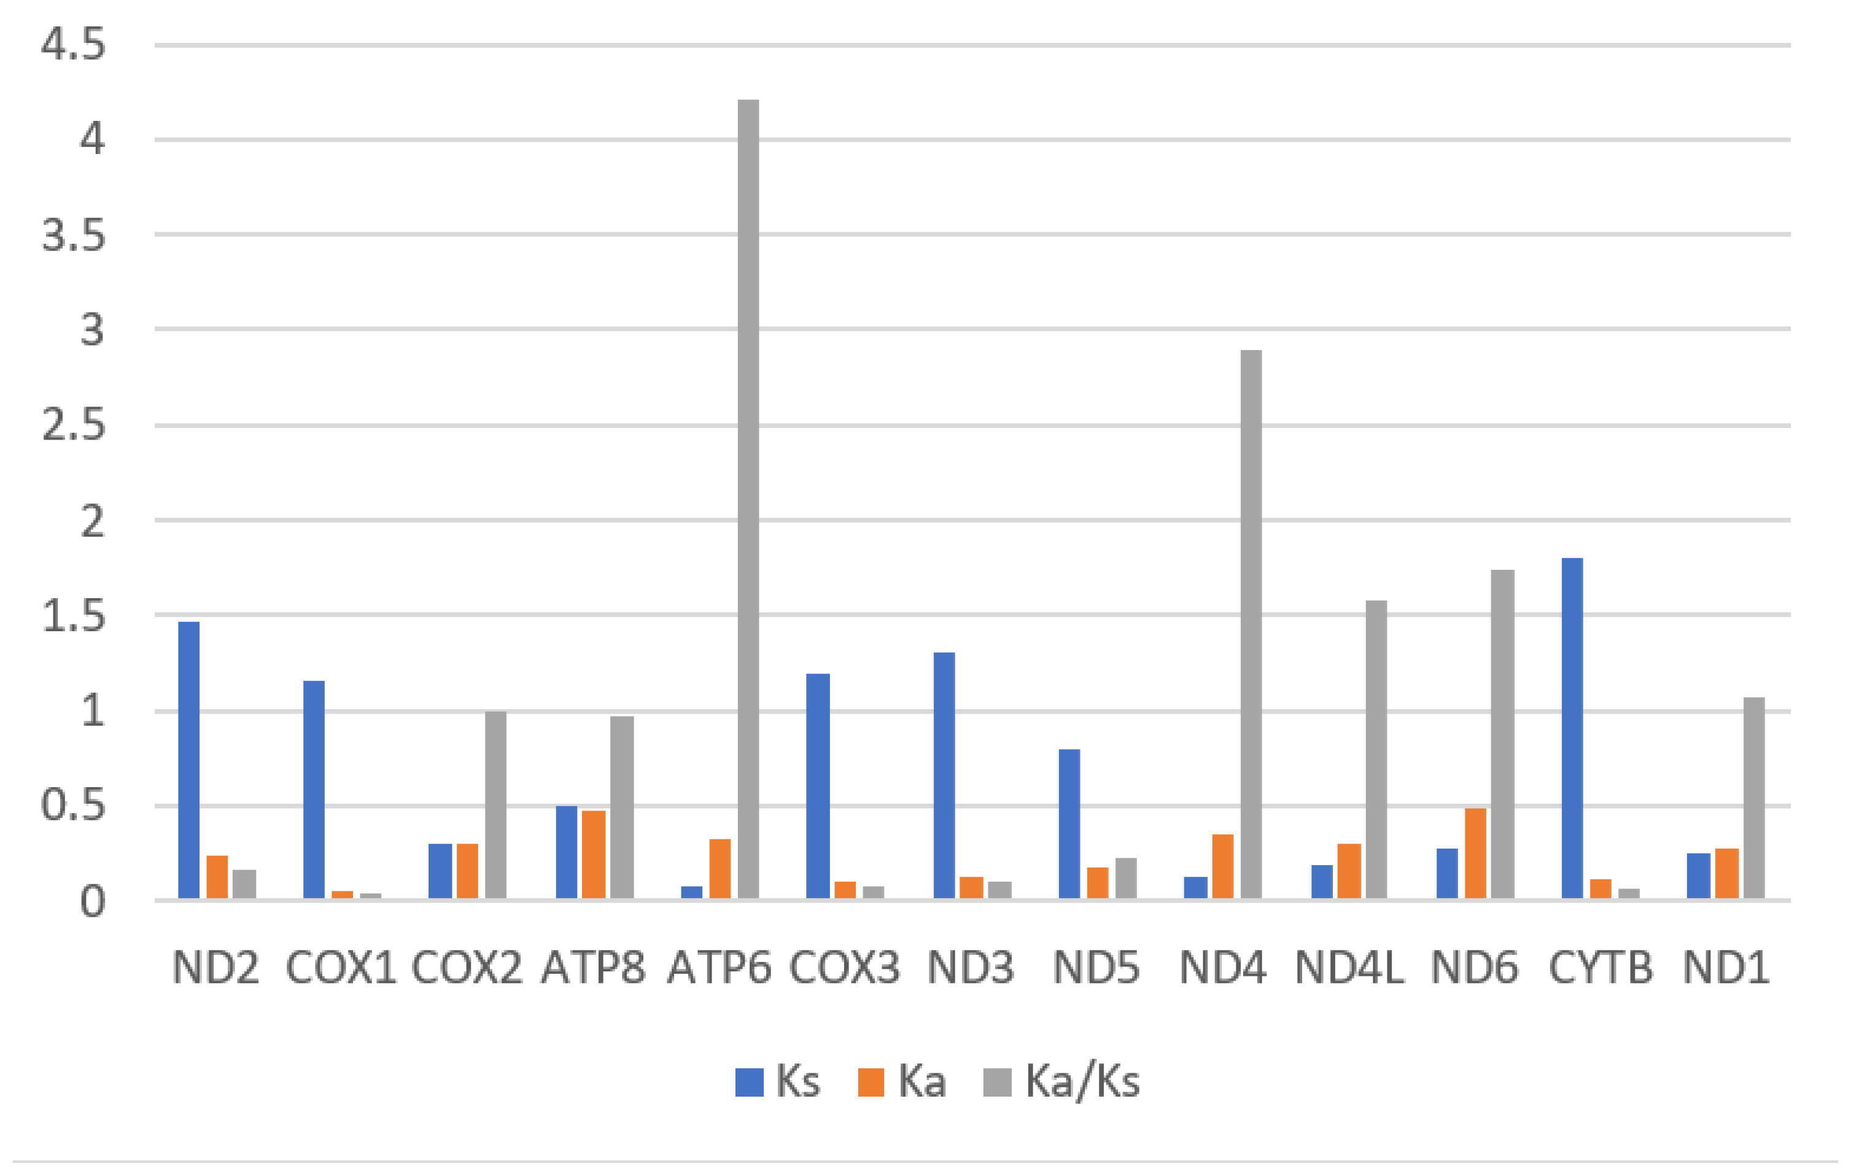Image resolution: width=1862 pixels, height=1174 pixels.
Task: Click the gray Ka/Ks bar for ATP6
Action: (748, 499)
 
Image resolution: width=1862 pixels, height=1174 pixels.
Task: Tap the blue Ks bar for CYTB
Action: (1572, 728)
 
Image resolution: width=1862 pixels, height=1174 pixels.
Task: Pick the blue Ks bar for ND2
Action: (188, 760)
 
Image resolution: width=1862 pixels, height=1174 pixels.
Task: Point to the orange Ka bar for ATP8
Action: (593, 855)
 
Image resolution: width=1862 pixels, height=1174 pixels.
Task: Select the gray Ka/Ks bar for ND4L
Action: (1376, 750)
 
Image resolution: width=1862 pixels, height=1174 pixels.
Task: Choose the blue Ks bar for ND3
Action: (944, 775)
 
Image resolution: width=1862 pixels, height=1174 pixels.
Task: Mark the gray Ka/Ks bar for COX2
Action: (495, 805)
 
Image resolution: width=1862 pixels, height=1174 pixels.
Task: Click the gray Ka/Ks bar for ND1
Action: (1755, 798)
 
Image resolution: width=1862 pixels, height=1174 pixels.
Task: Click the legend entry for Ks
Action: (778, 1081)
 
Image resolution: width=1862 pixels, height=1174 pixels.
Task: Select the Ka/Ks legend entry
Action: (1061, 1081)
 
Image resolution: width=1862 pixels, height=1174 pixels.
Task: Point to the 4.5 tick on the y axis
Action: (74, 45)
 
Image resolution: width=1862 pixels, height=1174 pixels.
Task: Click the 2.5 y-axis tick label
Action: (74, 426)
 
